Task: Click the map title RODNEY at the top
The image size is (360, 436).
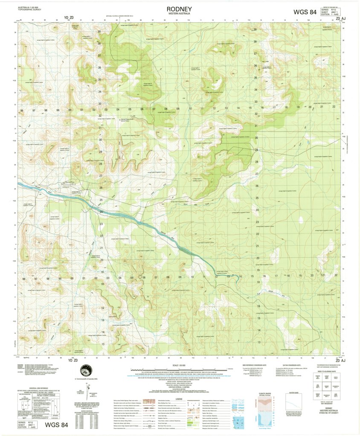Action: click(179, 9)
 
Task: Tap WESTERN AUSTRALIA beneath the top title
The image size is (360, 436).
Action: click(179, 14)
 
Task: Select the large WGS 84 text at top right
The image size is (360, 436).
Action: click(305, 12)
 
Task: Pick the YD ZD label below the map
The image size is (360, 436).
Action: click(70, 361)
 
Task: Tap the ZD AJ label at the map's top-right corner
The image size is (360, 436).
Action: click(341, 19)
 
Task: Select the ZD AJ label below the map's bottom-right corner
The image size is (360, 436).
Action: click(341, 361)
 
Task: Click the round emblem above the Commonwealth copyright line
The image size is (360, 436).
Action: click(85, 370)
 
